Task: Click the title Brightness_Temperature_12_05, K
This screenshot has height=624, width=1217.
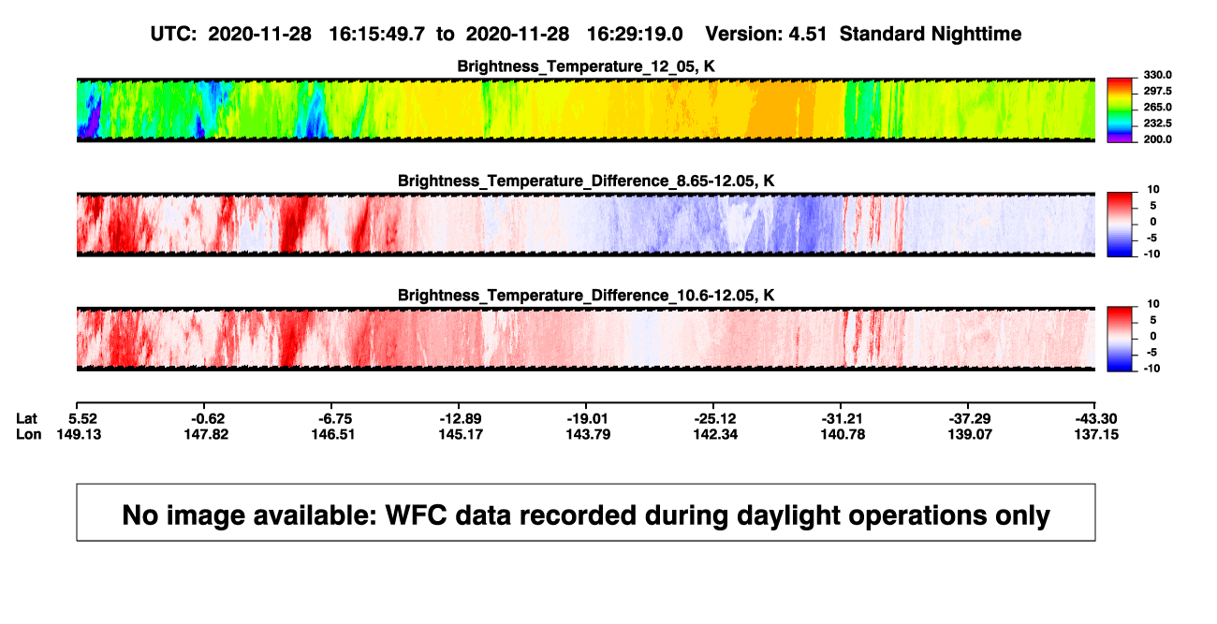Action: tap(586, 66)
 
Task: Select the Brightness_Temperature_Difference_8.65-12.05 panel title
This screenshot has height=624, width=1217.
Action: tap(586, 181)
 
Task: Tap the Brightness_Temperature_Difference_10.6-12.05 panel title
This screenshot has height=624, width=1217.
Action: tap(586, 296)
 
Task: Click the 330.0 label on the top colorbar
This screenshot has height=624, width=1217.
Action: tap(1157, 75)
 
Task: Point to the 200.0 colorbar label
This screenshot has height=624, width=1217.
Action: tap(1157, 139)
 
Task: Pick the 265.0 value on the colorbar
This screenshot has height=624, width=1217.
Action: tap(1157, 107)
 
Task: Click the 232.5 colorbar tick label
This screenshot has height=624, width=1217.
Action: tap(1157, 123)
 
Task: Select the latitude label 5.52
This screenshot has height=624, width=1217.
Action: tap(82, 419)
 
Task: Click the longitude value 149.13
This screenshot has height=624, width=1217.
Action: tap(79, 434)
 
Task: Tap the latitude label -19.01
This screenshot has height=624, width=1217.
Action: tap(587, 419)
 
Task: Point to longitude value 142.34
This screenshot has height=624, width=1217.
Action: tap(715, 434)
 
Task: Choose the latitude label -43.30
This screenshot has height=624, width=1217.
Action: tap(1096, 419)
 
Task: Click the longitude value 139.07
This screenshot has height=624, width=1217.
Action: tap(970, 434)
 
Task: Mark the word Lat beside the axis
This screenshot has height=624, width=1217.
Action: tap(26, 419)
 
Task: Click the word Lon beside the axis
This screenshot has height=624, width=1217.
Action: tap(28, 434)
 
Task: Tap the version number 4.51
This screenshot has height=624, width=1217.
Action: tap(808, 35)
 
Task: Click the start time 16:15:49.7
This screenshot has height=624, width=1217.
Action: tap(376, 35)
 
